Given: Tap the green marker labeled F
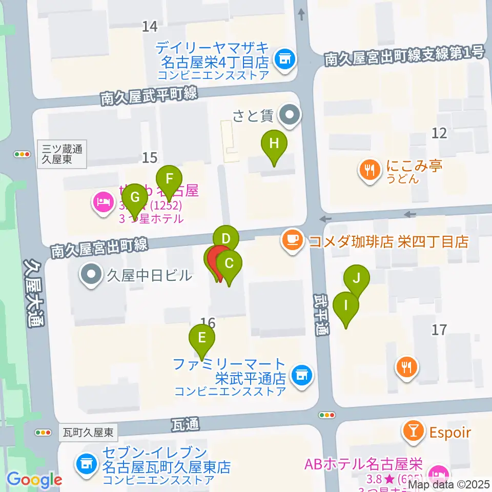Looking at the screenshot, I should pyautogui.click(x=170, y=180).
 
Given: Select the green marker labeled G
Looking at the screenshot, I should pyautogui.click(x=135, y=197).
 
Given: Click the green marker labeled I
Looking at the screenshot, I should pyautogui.click(x=346, y=306).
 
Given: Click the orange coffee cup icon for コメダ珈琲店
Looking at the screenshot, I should pyautogui.click(x=292, y=240).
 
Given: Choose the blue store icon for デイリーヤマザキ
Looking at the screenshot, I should pyautogui.click(x=283, y=59).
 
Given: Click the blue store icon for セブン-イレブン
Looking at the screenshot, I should pyautogui.click(x=85, y=464).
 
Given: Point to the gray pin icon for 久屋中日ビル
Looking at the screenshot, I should pyautogui.click(x=91, y=275).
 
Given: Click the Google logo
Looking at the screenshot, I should pyautogui.click(x=35, y=480).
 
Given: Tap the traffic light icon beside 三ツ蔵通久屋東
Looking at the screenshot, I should pyautogui.click(x=23, y=154).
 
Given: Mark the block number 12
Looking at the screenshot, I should pyautogui.click(x=439, y=133).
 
